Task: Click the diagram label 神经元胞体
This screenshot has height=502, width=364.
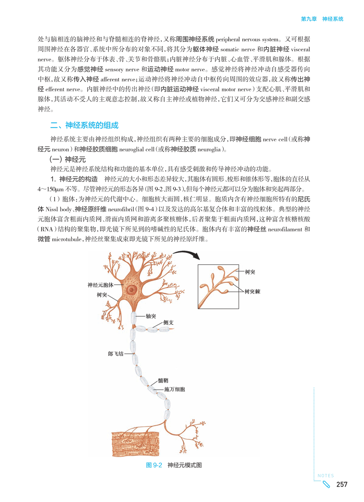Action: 100,285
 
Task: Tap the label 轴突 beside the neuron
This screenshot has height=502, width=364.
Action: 151,316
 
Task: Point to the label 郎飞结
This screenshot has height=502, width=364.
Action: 116,353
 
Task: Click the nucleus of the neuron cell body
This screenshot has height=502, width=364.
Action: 131,289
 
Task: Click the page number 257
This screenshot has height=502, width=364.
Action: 342,485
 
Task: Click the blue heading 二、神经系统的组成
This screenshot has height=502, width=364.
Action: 84,125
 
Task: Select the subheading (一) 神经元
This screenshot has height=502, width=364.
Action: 65,159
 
